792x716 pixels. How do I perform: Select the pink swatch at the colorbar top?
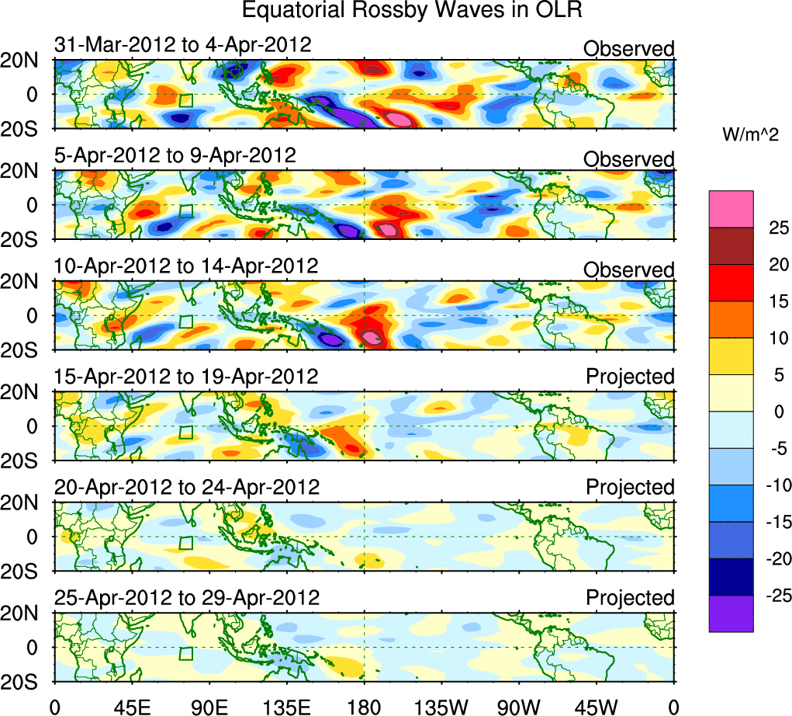[x=731, y=208]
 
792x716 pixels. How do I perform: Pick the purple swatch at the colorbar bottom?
[x=731, y=613]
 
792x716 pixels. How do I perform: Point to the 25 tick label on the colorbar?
[x=773, y=228]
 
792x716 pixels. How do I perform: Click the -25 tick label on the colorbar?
[x=770, y=596]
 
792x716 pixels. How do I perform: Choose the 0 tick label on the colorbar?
[x=773, y=412]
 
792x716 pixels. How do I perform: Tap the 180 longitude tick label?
[x=364, y=706]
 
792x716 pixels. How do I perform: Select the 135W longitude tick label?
[x=441, y=706]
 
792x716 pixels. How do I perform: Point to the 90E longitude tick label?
[x=209, y=706]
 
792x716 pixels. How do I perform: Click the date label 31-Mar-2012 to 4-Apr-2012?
[x=182, y=45]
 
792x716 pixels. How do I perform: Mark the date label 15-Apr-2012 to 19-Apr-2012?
[x=186, y=377]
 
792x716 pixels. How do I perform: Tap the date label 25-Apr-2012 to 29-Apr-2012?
[x=186, y=598]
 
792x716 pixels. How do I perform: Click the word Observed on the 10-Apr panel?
[x=629, y=270]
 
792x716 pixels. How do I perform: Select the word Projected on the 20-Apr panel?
[x=630, y=488]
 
